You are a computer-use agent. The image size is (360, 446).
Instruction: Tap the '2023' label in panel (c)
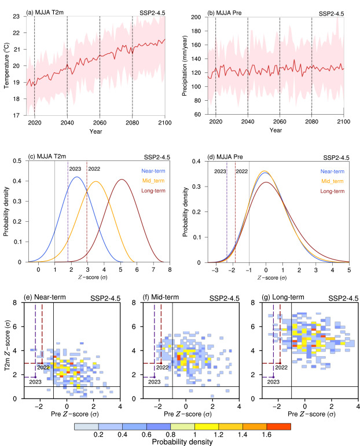click(x=75, y=169)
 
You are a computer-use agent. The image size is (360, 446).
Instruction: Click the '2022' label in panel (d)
click(x=242, y=172)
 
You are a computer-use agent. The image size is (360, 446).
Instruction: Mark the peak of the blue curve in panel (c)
click(x=76, y=177)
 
